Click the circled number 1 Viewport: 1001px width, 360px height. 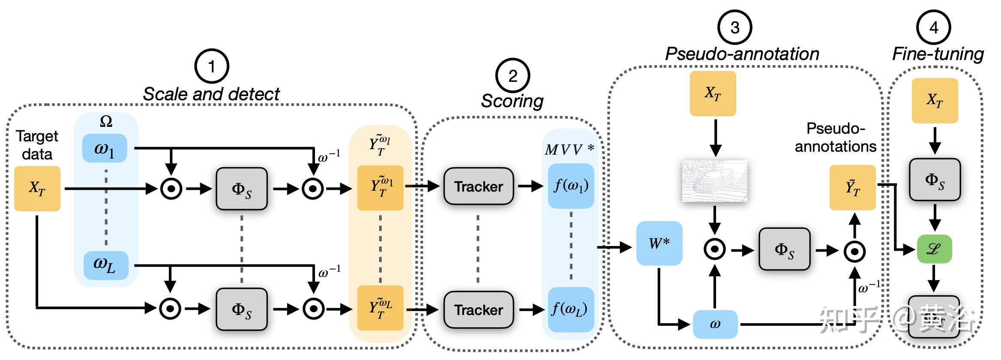(x=212, y=66)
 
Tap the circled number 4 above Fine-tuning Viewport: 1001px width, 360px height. (x=933, y=27)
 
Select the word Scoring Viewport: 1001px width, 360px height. (x=512, y=101)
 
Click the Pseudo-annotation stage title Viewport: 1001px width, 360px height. (x=742, y=54)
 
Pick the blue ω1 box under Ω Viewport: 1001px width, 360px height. (x=105, y=149)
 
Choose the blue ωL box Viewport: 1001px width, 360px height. (x=105, y=266)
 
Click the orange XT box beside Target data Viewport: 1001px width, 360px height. (x=37, y=189)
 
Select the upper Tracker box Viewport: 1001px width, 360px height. (x=478, y=186)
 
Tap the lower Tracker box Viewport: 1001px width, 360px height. (x=478, y=310)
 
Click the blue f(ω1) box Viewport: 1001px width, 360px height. (x=571, y=186)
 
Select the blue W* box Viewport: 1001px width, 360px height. (x=659, y=243)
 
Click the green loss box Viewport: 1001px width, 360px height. (x=934, y=249)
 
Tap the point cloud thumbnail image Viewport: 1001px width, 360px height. (x=715, y=181)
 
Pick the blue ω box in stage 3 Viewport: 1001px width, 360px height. (x=715, y=324)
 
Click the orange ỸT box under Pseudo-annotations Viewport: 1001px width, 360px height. (x=852, y=188)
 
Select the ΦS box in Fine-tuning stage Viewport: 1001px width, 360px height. (x=935, y=180)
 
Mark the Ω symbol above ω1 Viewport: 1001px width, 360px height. (x=106, y=122)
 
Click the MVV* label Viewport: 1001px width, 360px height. (x=569, y=150)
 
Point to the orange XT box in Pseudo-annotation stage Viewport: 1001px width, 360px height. (x=713, y=93)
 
